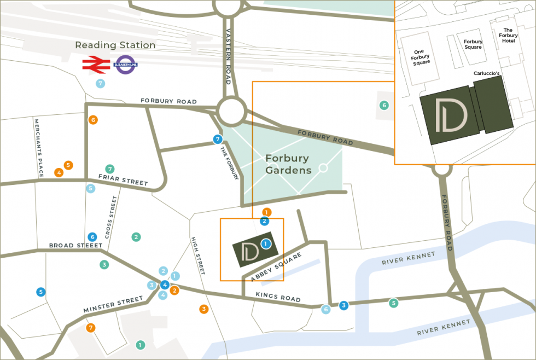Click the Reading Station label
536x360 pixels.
pyautogui.click(x=115, y=45)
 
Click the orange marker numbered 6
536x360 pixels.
pyautogui.click(x=93, y=120)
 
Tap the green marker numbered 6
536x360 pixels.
pyautogui.click(x=384, y=105)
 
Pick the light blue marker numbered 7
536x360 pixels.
pyautogui.click(x=100, y=84)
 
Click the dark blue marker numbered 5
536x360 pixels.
pyautogui.click(x=40, y=292)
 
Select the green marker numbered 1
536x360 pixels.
pyautogui.click(x=141, y=345)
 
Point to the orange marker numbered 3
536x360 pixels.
pyautogui.click(x=203, y=309)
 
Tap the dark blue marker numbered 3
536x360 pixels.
pyautogui.click(x=343, y=305)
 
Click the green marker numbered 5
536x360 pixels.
pyautogui.click(x=393, y=303)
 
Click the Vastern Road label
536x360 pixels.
pyautogui.click(x=229, y=55)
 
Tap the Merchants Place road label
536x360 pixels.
pyautogui.click(x=38, y=148)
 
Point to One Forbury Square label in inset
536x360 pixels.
pyautogui.click(x=421, y=56)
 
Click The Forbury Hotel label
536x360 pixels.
pyautogui.click(x=508, y=36)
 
